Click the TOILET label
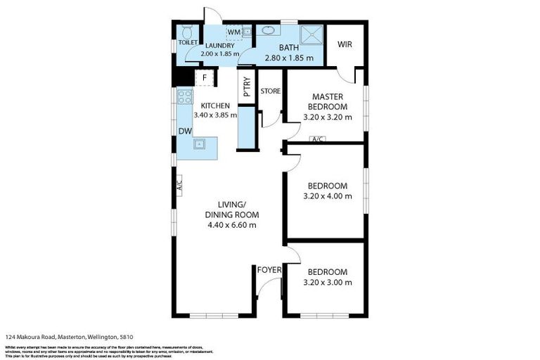coord(188,42)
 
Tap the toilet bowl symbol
coord(186,32)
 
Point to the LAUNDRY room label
coord(220,46)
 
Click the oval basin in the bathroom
coord(269,30)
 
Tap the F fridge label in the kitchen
coord(205,78)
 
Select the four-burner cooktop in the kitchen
coord(185,97)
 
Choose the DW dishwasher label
coord(184,131)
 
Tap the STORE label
coord(271,91)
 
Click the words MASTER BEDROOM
coord(327,101)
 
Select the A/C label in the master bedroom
coord(317,139)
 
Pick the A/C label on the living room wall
coord(179,186)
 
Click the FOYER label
coord(269,270)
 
